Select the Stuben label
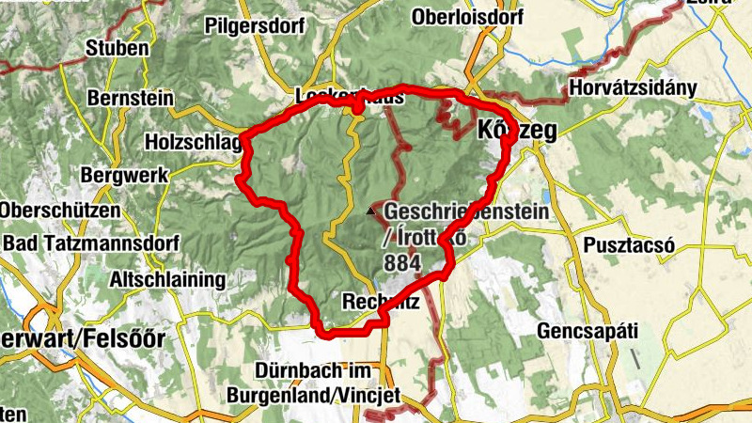point(117,48)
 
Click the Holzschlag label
point(194,141)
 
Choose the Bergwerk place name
point(125,175)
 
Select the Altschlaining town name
point(167,279)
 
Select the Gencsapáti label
point(587,331)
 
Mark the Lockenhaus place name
point(349,96)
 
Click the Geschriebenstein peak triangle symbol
point(370,212)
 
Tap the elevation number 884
point(402,265)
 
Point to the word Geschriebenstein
point(465,213)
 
